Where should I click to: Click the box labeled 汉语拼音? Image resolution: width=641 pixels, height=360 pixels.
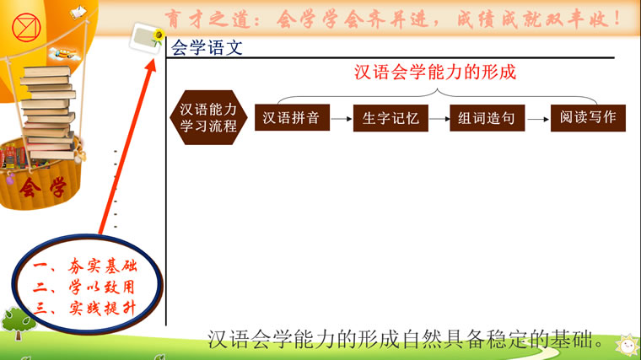292,117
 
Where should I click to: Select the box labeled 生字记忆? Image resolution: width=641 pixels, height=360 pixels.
391,118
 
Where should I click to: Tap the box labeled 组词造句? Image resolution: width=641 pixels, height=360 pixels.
487,118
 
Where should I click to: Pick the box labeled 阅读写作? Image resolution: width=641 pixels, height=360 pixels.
588,118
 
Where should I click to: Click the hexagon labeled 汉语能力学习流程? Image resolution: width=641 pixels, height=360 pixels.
208,117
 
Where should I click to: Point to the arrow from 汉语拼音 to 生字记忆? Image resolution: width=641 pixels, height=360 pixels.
342,119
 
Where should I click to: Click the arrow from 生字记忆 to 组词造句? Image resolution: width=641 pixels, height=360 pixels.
439,119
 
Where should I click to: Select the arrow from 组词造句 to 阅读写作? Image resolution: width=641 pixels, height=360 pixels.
538,120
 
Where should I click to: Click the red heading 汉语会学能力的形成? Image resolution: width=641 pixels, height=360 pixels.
435,73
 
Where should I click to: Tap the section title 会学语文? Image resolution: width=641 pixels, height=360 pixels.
207,47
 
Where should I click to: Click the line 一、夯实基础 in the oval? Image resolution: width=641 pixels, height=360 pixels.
85,266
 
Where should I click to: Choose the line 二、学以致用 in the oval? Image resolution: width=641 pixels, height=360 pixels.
83,287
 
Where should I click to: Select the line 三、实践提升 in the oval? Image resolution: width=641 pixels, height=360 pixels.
84,308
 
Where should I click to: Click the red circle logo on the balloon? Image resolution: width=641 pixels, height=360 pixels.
27,27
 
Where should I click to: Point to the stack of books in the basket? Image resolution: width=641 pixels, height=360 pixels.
49,112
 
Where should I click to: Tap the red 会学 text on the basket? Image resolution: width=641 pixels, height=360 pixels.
43,188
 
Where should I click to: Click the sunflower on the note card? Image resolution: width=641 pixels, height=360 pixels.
159,35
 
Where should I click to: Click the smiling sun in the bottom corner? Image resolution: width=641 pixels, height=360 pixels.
628,346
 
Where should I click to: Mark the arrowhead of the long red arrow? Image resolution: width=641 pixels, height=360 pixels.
150,66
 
